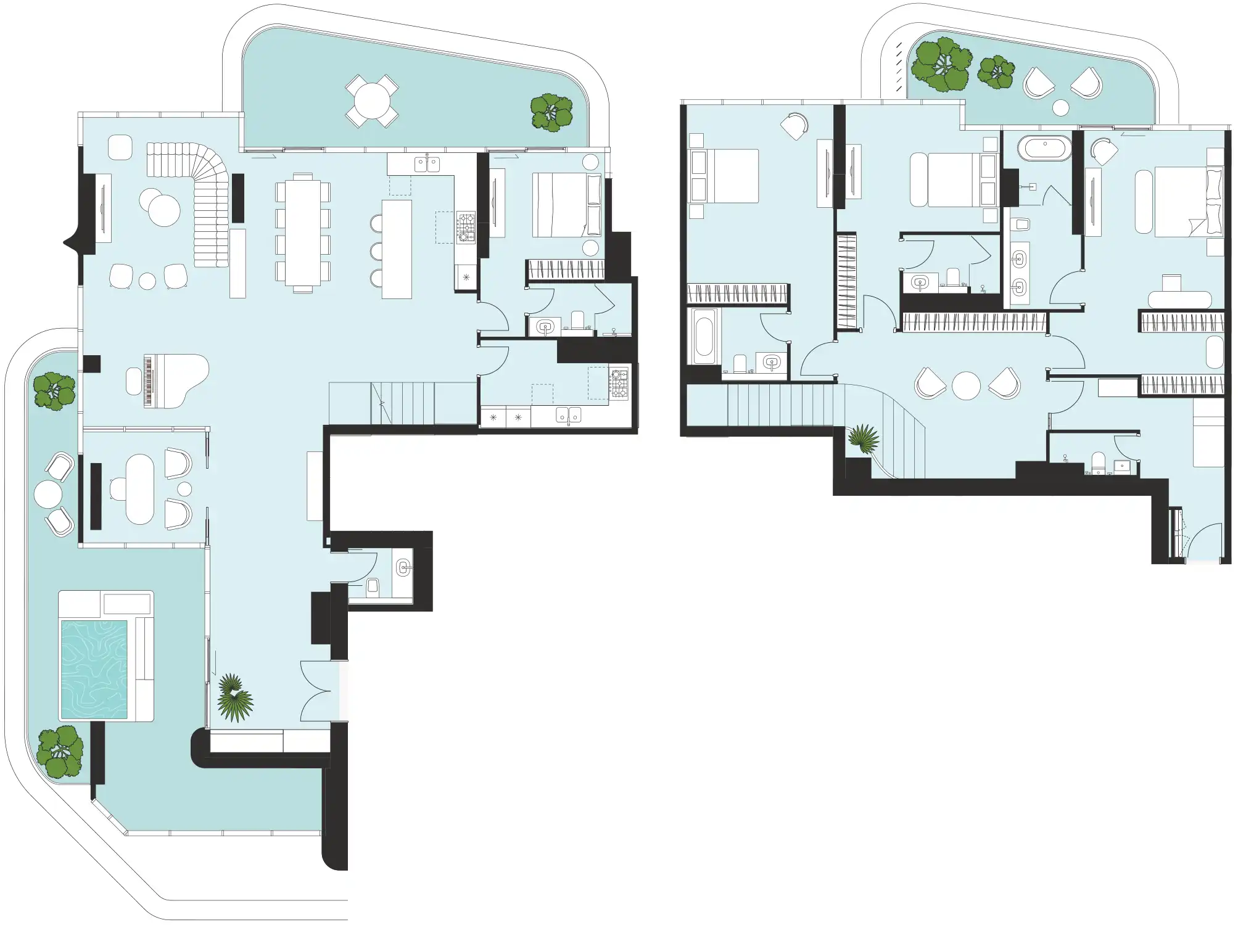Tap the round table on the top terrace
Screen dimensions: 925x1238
coord(371,101)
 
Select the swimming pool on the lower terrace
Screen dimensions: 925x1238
coord(94,670)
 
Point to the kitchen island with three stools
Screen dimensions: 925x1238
coord(397,249)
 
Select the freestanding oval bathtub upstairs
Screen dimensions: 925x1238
coord(1044,149)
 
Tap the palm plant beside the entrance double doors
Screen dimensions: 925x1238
coord(235,697)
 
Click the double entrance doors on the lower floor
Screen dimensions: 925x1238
coord(320,690)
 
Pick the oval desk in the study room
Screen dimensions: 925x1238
coord(140,489)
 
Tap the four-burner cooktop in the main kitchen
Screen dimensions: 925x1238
coord(466,226)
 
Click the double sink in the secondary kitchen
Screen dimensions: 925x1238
coord(567,416)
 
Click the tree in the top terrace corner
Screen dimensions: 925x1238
coord(551,112)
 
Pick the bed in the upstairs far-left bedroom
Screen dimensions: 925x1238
coord(725,176)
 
